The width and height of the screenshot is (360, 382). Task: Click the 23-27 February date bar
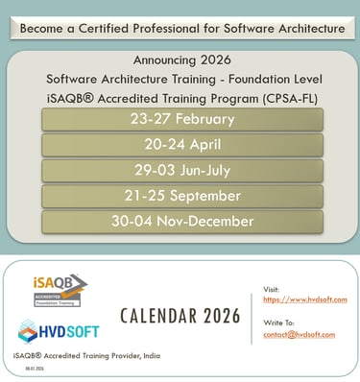[182, 119]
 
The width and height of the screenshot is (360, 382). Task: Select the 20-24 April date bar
[182, 145]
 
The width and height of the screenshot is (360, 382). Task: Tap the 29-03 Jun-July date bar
[182, 170]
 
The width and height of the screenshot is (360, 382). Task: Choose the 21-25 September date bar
[182, 196]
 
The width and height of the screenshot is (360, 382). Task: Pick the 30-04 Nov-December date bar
[182, 221]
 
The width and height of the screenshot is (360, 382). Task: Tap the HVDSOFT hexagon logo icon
[30, 331]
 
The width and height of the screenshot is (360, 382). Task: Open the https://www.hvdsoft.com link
[305, 299]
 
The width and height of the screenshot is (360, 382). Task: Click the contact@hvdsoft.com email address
[305, 334]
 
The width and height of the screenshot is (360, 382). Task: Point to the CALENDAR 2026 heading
[181, 315]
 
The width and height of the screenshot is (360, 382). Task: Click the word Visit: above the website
[273, 288]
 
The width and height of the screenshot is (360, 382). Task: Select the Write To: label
[279, 322]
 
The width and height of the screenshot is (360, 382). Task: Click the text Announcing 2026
[181, 59]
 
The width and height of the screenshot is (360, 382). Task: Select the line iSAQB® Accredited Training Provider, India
[86, 356]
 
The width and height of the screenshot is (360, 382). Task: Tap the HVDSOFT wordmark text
[77, 332]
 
